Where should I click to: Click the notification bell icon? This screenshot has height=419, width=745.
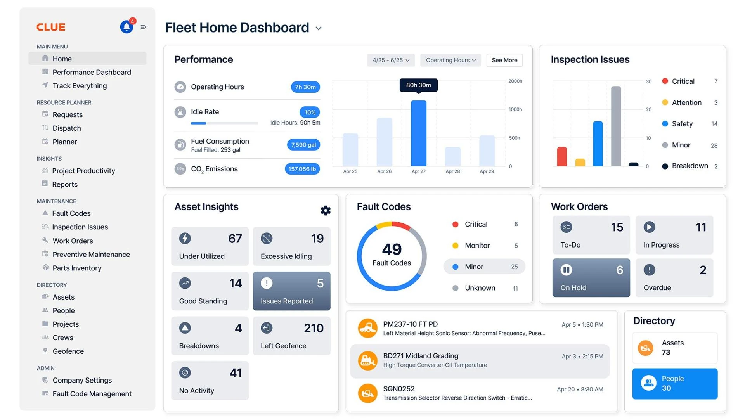coord(126,27)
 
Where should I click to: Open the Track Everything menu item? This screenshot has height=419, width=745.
coord(80,86)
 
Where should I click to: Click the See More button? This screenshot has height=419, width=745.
coord(504,60)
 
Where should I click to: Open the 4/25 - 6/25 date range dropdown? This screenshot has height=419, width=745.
coord(391,60)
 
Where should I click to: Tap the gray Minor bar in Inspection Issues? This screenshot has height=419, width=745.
coord(616,126)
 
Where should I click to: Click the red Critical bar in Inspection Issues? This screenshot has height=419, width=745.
coord(561,157)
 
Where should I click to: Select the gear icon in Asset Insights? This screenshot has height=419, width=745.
coord(326,210)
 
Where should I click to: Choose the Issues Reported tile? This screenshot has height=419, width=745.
coord(291,291)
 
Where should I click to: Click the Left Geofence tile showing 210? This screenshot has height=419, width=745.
coord(291,336)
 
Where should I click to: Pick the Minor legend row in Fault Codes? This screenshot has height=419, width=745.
coord(484,267)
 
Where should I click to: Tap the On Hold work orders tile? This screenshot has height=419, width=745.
coord(591,278)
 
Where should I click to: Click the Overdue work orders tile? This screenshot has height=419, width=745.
coord(674,278)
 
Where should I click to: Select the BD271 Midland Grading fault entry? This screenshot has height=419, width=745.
coord(480,361)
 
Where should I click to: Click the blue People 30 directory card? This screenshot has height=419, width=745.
coord(674,384)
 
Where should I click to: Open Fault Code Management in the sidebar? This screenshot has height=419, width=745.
coord(92,394)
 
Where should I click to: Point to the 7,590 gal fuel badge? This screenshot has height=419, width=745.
coord(303,145)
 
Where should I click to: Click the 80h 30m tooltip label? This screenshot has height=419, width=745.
coord(418,85)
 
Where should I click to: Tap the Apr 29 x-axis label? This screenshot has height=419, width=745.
coord(487,171)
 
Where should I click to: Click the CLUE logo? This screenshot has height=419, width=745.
coord(51,27)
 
